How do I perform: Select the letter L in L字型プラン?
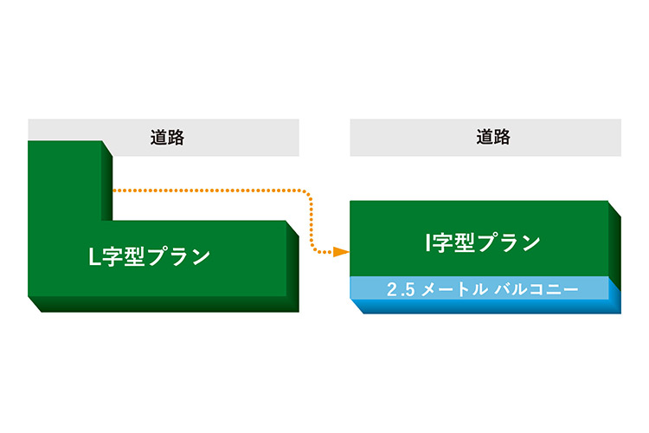(x=96, y=257)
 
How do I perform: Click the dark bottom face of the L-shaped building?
(x=164, y=305)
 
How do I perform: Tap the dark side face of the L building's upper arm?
(x=108, y=186)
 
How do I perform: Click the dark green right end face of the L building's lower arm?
(x=293, y=264)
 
